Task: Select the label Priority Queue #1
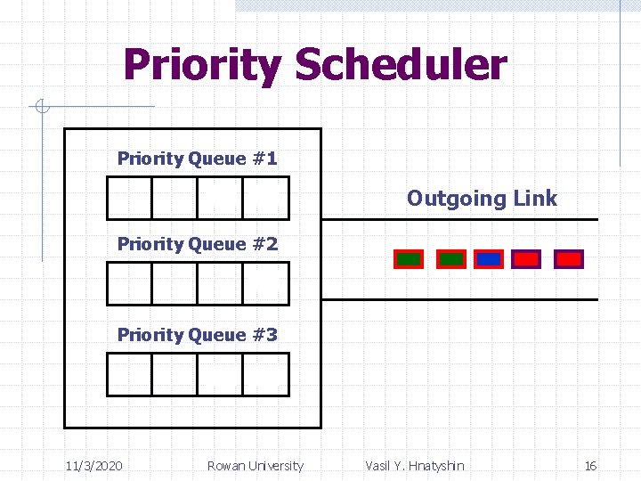[x=197, y=159]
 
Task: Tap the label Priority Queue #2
[x=197, y=244]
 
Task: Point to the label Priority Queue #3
[x=197, y=335]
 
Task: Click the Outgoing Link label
[x=482, y=198]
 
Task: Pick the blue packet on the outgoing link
[x=488, y=259]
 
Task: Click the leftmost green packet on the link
[x=409, y=259]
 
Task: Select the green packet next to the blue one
[x=450, y=259]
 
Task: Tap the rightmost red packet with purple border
[x=568, y=259]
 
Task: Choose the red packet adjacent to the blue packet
[x=526, y=259]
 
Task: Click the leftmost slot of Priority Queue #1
[x=129, y=198]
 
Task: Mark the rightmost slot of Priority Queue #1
[x=266, y=198]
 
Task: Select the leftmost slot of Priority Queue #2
[x=129, y=284]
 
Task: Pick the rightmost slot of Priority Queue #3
[x=266, y=374]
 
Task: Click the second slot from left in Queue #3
[x=174, y=374]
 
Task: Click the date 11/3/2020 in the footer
[x=94, y=466]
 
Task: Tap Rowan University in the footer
[x=255, y=466]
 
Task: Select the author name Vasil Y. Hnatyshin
[x=414, y=466]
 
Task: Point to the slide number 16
[x=590, y=466]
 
